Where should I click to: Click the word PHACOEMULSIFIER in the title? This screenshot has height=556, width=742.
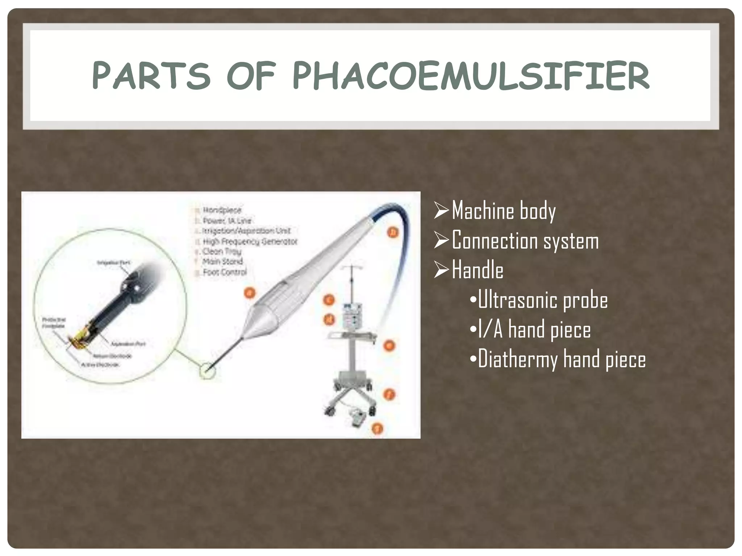471,76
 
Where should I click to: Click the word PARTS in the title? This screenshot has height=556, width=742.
151,76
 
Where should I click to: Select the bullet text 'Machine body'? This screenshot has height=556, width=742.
504,211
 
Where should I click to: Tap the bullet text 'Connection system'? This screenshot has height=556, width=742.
525,241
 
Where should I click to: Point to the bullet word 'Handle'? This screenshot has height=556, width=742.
478,270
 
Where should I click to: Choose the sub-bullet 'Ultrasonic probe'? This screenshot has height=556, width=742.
542,300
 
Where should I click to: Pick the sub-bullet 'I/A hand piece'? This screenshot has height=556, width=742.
534,330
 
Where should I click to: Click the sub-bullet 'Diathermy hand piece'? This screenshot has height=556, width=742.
562,360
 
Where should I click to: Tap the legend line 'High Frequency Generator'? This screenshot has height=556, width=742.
250,241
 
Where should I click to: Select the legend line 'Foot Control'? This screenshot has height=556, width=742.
225,272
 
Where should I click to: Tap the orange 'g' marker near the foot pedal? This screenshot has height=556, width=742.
378,429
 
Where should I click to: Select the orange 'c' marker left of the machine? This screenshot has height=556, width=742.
329,300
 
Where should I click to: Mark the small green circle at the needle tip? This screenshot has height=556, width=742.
208,371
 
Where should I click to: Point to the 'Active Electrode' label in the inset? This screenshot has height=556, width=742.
100,365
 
